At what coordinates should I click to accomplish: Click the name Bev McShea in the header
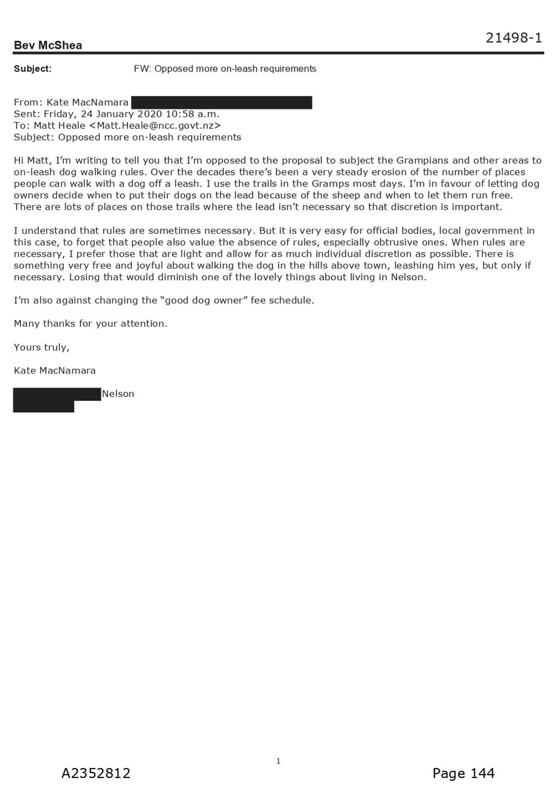48,45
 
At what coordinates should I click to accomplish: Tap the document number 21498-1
513,38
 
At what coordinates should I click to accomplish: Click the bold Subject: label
33,69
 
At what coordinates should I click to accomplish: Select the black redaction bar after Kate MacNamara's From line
222,102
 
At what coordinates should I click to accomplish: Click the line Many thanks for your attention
90,324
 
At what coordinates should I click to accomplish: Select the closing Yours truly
42,348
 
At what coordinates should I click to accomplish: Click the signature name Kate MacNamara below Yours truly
55,370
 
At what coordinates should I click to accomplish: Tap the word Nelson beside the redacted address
118,394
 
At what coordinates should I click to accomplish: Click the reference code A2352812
96,773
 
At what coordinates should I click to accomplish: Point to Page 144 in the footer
463,773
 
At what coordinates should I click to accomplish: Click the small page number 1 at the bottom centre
278,761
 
